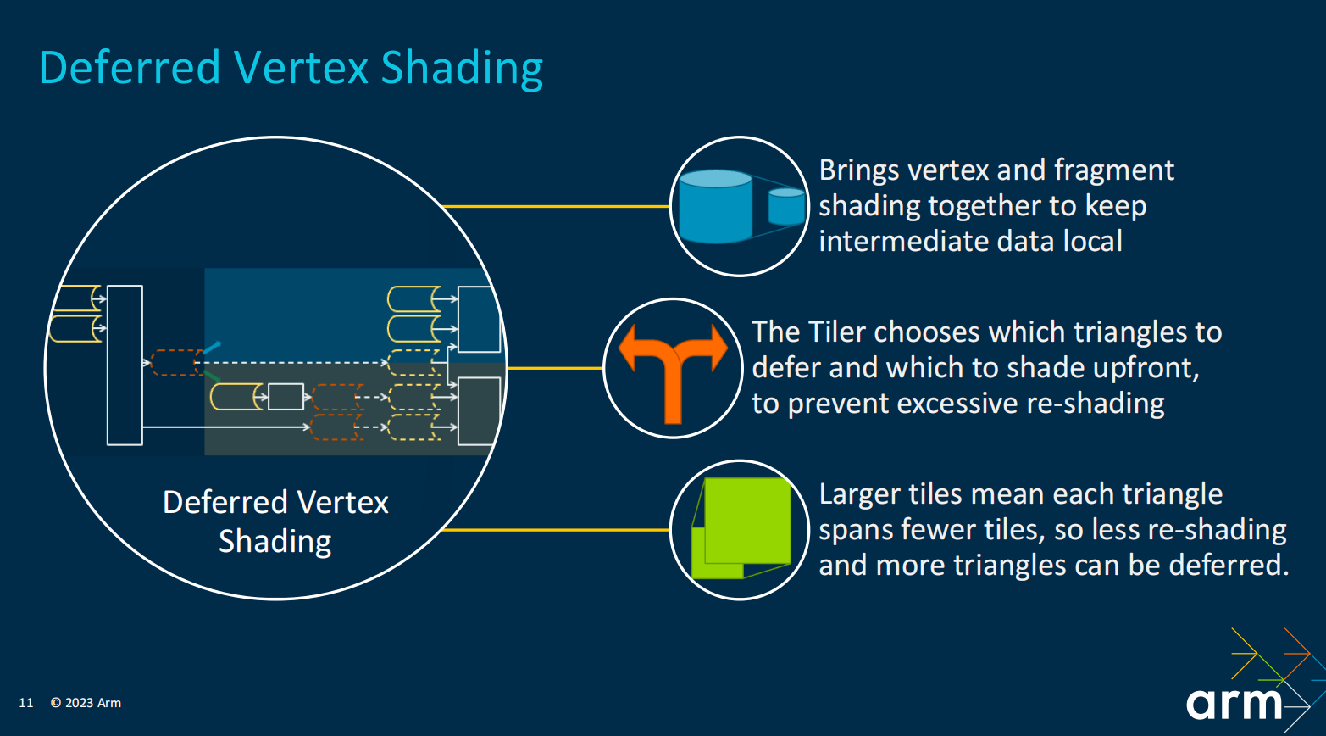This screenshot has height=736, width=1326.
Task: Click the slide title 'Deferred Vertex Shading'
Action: pos(291,68)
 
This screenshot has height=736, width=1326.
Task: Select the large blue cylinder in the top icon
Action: pos(716,206)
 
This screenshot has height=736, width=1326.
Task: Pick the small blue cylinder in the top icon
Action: pos(787,206)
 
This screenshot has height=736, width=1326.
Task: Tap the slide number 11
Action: pos(26,703)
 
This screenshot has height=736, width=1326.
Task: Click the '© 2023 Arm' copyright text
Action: pos(86,703)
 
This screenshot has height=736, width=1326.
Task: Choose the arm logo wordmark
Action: pos(1234,704)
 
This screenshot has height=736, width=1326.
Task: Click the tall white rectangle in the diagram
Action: pos(125,365)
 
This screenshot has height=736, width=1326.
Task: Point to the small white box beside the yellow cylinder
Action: pos(286,397)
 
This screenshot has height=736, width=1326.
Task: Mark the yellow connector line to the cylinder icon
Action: pos(557,206)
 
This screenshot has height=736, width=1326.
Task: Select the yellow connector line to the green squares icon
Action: pos(557,530)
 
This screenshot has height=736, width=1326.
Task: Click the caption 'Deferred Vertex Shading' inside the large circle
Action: pos(275,521)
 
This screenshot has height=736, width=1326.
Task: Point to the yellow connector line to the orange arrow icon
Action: pos(555,368)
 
